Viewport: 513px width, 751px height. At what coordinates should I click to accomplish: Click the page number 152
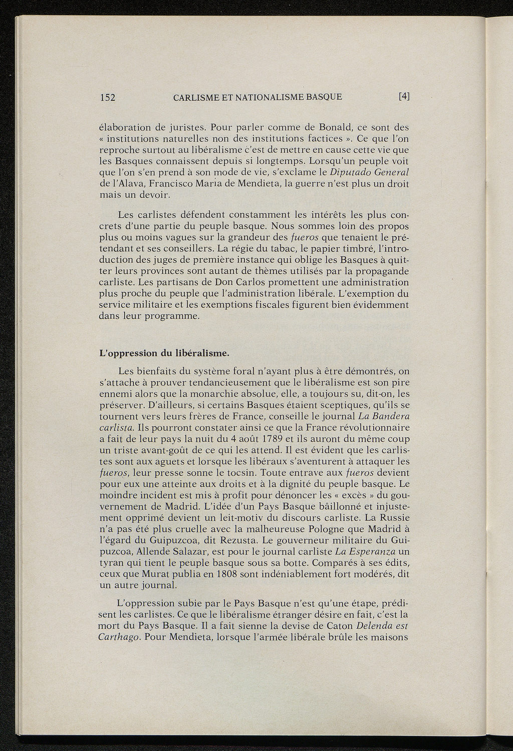[108, 97]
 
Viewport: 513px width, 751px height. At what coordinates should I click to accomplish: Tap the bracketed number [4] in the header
[404, 96]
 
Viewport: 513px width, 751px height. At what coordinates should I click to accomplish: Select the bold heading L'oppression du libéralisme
[164, 353]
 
